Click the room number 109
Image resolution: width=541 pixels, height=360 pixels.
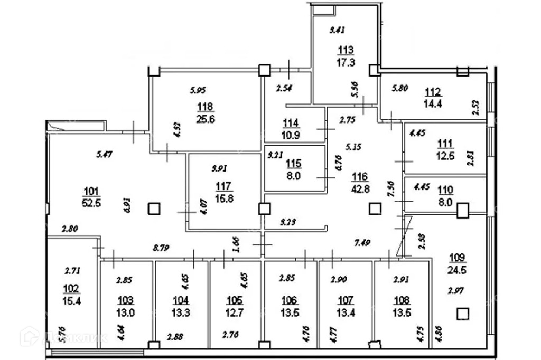[457, 258]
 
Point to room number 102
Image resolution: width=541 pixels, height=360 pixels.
[71, 288]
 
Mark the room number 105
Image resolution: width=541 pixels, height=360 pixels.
[234, 300]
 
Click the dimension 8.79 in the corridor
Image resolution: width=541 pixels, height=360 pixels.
[161, 245]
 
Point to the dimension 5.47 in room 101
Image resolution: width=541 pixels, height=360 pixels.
[104, 154]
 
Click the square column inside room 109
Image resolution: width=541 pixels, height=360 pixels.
[463, 314]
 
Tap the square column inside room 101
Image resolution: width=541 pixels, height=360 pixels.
[153, 209]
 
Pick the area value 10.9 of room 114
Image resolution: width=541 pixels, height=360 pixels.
[291, 134]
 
